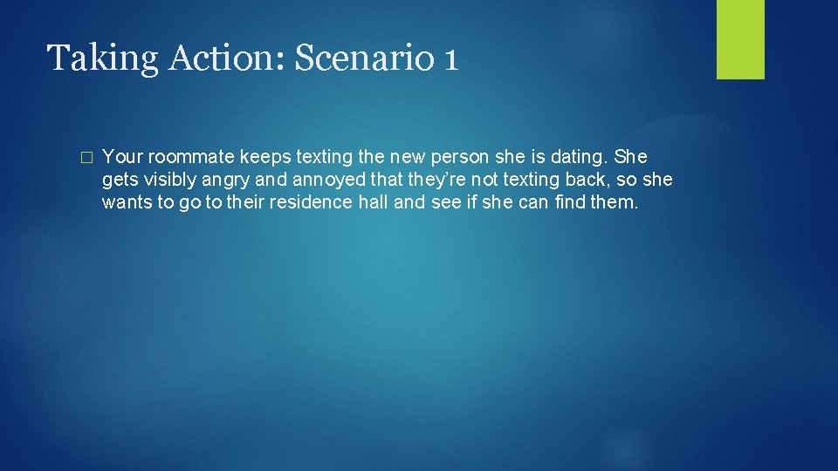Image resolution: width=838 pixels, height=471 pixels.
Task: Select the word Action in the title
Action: click(x=208, y=58)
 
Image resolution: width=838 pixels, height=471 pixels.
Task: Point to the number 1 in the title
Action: click(x=450, y=58)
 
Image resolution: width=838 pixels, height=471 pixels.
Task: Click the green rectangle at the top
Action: click(x=740, y=39)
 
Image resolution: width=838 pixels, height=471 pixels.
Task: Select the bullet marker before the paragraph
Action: click(x=85, y=158)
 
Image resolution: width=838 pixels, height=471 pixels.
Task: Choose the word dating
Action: click(x=580, y=157)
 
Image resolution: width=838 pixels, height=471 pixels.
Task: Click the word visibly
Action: click(x=167, y=181)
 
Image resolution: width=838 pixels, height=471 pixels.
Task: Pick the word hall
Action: click(x=375, y=203)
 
